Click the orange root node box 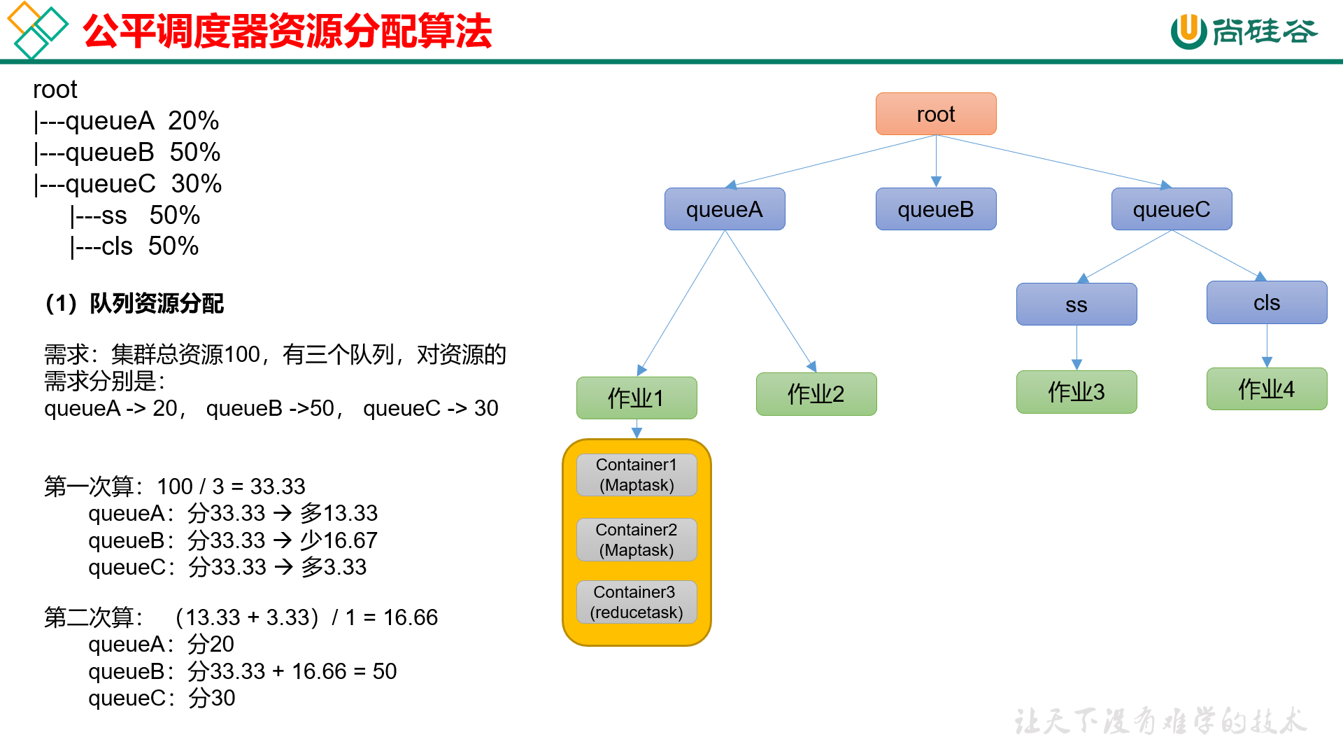click(935, 114)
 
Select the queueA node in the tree click(724, 209)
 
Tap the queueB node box click(935, 209)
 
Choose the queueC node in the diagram click(1171, 209)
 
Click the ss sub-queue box click(1076, 304)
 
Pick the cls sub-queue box click(1266, 302)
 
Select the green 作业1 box click(636, 398)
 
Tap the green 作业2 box click(816, 394)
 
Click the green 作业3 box click(1076, 392)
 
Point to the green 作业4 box click(1266, 389)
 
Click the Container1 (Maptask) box click(636, 475)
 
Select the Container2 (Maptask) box click(636, 540)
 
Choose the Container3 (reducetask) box click(636, 602)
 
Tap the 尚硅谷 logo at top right click(1244, 31)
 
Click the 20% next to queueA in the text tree click(193, 121)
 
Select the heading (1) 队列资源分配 click(134, 304)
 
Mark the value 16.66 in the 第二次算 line click(410, 617)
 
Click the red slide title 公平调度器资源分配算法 click(287, 31)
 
